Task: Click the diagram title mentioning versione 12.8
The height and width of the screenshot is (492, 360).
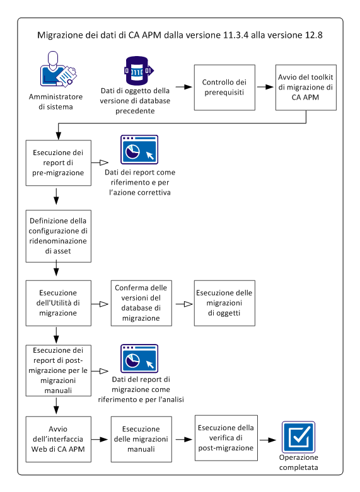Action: (180, 35)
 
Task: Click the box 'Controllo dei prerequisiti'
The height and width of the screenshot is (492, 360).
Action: (224, 88)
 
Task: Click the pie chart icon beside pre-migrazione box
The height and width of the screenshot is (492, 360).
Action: (139, 149)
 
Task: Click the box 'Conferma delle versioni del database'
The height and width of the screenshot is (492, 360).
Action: (141, 303)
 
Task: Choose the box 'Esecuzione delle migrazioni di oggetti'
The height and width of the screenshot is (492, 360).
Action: (224, 303)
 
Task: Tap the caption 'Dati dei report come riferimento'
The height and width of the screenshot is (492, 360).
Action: (141, 181)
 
